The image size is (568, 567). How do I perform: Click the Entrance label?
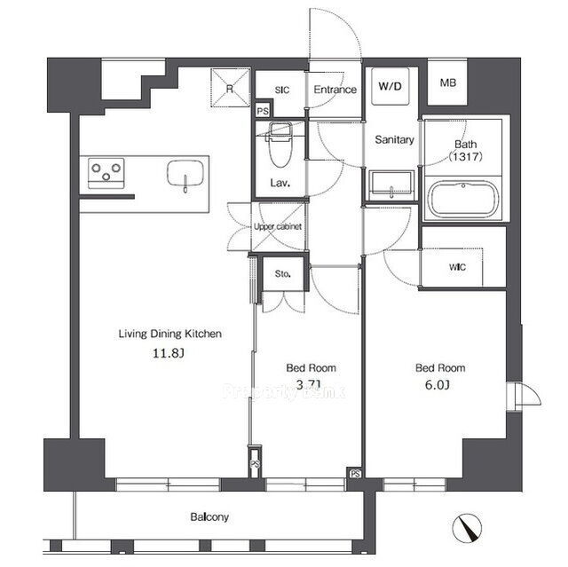coord(335,90)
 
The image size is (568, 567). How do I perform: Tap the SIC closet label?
coord(282,90)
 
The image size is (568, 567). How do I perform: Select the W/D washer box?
coord(389,87)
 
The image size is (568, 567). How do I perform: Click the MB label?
coord(447,83)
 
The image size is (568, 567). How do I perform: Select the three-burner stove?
coord(106,169)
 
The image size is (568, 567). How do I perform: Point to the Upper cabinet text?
coord(278,227)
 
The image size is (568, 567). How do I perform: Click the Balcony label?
coord(209,516)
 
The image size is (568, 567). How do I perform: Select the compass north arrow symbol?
coord(467,529)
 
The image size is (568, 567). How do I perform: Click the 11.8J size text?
coord(170,353)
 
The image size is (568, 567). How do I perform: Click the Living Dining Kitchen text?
coord(170,335)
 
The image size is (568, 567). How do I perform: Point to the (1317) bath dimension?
coord(465,157)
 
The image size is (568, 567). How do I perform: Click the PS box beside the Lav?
coord(263,112)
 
